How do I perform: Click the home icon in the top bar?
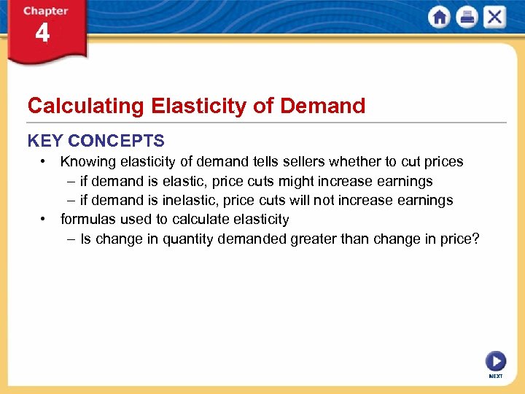pos(440,17)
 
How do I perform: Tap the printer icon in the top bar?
pos(467,17)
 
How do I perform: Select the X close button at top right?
pos(494,17)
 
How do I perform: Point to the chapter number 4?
pos(42,33)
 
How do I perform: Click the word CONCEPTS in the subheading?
pos(117,141)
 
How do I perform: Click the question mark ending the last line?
pos(475,239)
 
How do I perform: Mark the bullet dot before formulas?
pos(44,219)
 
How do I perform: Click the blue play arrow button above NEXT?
pos(495,360)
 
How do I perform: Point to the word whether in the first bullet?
pos(359,161)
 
